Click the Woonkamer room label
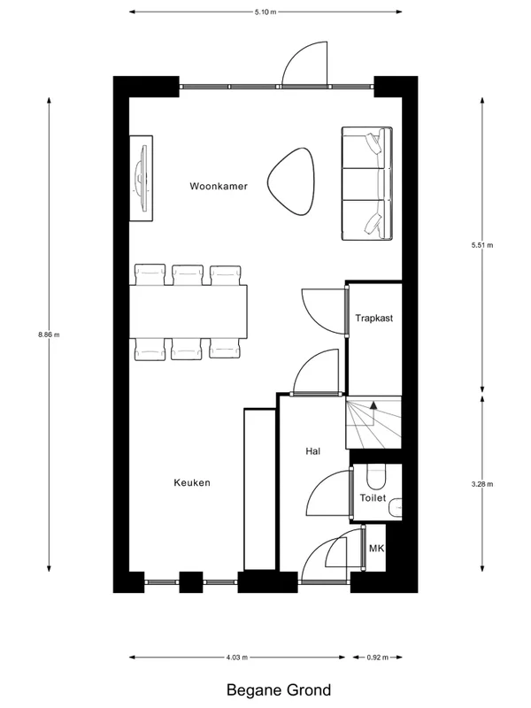click(x=218, y=187)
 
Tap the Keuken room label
click(x=191, y=482)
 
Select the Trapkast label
click(x=373, y=317)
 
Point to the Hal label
click(x=312, y=451)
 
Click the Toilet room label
click(x=373, y=498)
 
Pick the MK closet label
click(x=376, y=549)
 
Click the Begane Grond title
click(x=265, y=689)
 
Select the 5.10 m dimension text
click(x=265, y=12)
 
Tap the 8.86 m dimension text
click(x=48, y=334)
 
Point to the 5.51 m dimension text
click(x=482, y=245)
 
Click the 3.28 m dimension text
click(x=482, y=484)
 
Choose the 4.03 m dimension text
click(x=236, y=658)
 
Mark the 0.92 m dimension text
click(x=378, y=658)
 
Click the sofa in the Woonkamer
click(x=366, y=184)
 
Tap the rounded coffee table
click(x=293, y=181)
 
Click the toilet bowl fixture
click(x=377, y=477)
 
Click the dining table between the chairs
click(x=189, y=310)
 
